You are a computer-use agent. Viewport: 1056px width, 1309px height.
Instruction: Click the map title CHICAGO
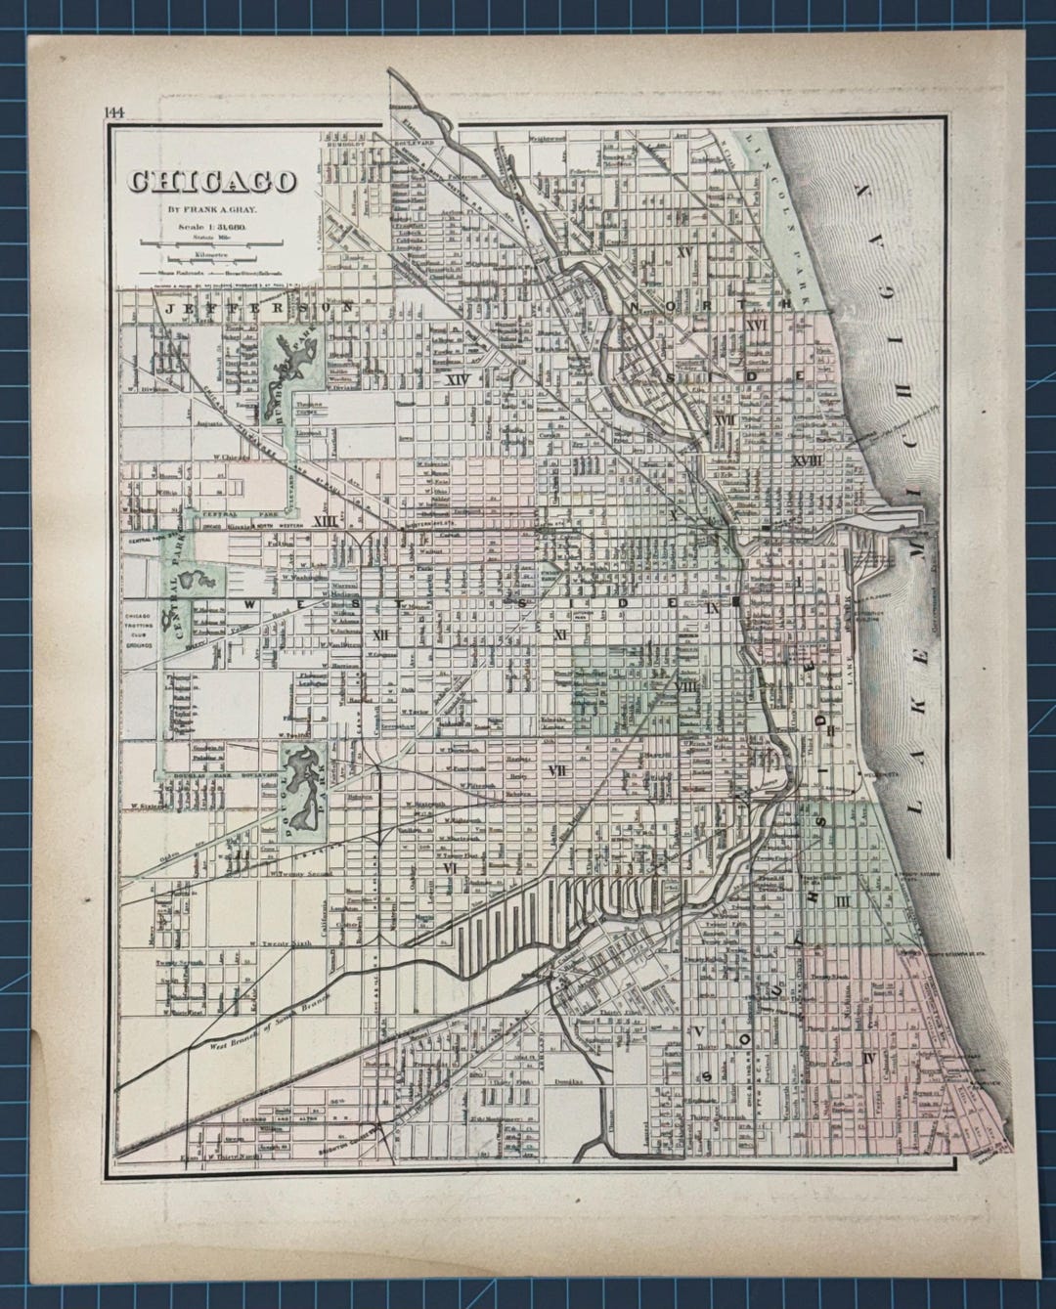coord(211,182)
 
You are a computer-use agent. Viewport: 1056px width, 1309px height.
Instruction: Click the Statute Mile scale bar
coord(211,241)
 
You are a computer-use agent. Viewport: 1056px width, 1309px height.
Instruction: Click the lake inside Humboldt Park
coord(285,360)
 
